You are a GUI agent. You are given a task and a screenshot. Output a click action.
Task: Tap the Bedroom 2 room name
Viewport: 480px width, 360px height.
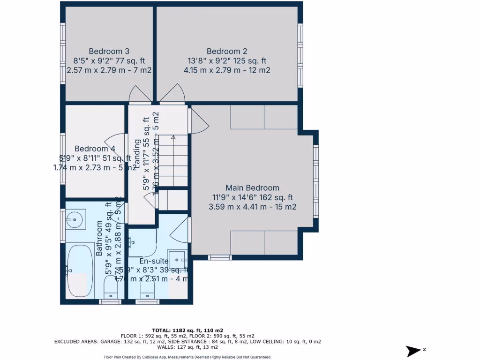click(x=227, y=51)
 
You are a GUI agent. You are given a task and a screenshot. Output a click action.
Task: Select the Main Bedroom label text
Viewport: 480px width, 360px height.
click(x=252, y=188)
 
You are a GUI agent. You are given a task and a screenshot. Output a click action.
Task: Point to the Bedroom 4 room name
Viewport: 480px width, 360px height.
click(x=95, y=148)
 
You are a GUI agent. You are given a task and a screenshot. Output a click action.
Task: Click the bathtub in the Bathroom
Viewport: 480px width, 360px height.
click(x=80, y=270)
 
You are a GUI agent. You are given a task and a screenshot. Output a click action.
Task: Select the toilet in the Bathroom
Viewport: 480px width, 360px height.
click(x=111, y=287)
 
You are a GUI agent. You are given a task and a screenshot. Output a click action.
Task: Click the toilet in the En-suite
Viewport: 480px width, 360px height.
click(x=147, y=288)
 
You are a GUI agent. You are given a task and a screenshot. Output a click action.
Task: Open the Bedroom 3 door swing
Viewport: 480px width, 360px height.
click(x=140, y=94)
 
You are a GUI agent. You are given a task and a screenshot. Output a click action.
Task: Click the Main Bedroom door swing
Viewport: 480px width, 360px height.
click(x=199, y=121)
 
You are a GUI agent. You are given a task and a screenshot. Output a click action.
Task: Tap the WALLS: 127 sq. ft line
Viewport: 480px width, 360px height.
click(x=187, y=347)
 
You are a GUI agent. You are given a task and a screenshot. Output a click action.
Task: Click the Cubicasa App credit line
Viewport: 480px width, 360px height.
click(x=187, y=357)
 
